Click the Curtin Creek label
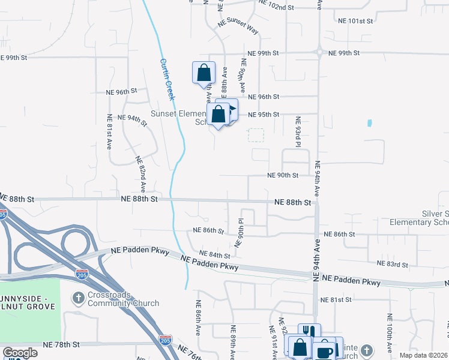(x=167, y=79)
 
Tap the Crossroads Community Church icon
(x=78, y=298)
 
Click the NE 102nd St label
(x=276, y=8)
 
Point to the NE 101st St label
(x=355, y=21)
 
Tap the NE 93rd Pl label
(x=297, y=132)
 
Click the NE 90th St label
(x=283, y=175)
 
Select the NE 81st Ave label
(x=109, y=131)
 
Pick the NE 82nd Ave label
(x=141, y=174)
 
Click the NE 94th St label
(x=133, y=118)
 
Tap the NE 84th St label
(x=215, y=255)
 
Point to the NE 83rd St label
(x=392, y=264)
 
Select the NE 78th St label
(x=62, y=345)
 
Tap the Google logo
(x=20, y=353)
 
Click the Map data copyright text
(x=424, y=356)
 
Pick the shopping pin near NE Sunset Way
(x=203, y=73)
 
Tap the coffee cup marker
(x=324, y=351)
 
